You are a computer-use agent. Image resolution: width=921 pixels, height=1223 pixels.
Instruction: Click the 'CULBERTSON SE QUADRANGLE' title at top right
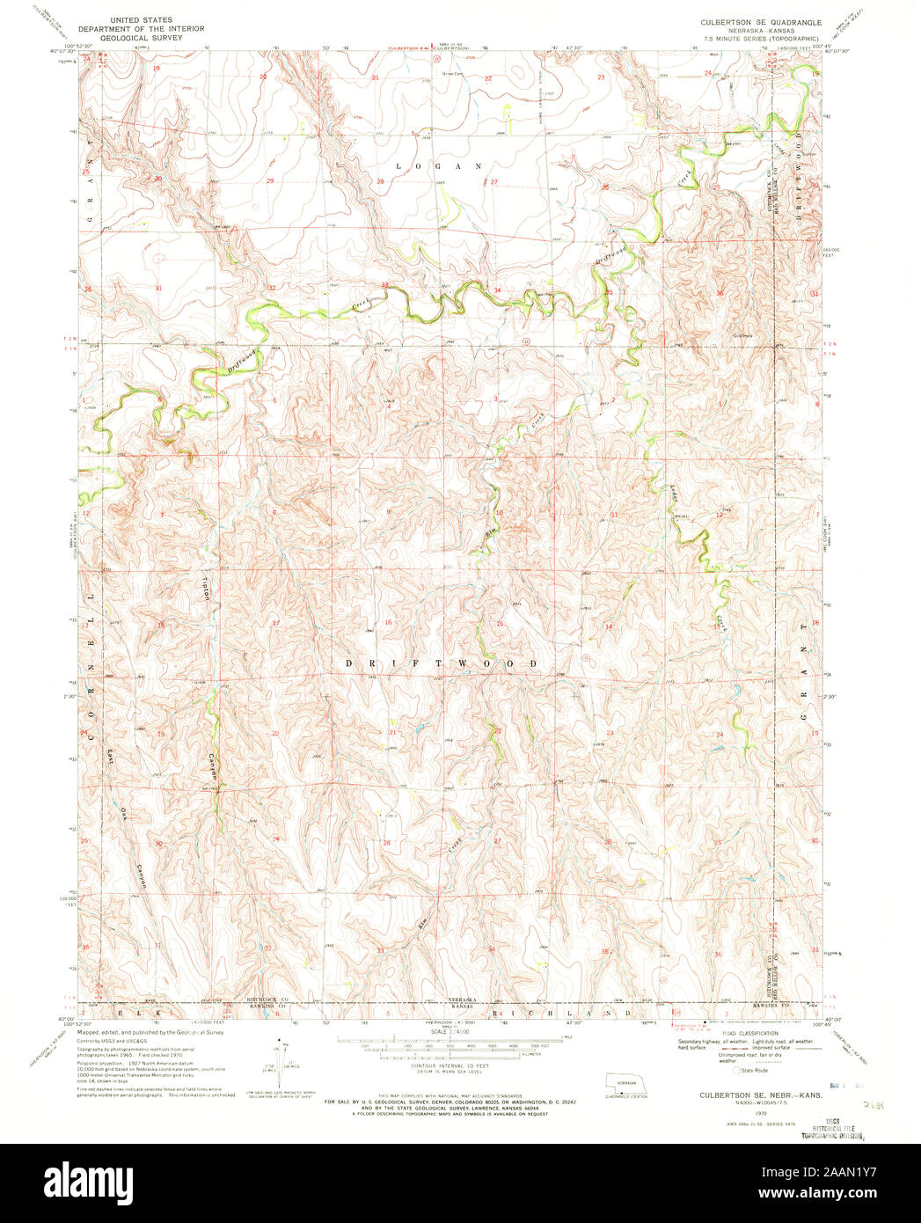tap(760, 20)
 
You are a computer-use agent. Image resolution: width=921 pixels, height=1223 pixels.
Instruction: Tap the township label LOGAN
tap(439, 165)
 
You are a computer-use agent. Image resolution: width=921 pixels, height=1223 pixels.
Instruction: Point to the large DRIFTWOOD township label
tap(440, 663)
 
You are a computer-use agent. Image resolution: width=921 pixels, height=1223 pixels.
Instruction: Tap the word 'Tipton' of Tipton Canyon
tap(208, 589)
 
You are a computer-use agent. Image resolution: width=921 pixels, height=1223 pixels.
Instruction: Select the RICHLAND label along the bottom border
tap(563, 1014)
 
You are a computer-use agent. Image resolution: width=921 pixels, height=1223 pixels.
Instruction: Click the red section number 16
tap(387, 622)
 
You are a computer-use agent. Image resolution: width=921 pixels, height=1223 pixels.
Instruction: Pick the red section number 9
tap(388, 511)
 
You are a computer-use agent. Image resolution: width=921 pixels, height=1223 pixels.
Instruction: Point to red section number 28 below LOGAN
tap(381, 182)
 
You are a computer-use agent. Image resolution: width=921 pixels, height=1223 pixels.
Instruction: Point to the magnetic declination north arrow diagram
tap(283, 1056)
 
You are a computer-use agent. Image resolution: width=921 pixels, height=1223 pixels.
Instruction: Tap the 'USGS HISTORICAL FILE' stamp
tap(831, 1129)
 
